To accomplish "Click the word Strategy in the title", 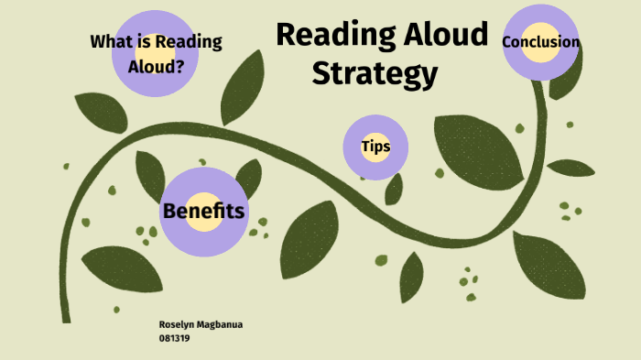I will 374,73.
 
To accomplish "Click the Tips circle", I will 375,147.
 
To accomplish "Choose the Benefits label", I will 203,212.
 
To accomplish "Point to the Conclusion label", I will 540,42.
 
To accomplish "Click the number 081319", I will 174,337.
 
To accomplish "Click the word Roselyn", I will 177,325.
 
